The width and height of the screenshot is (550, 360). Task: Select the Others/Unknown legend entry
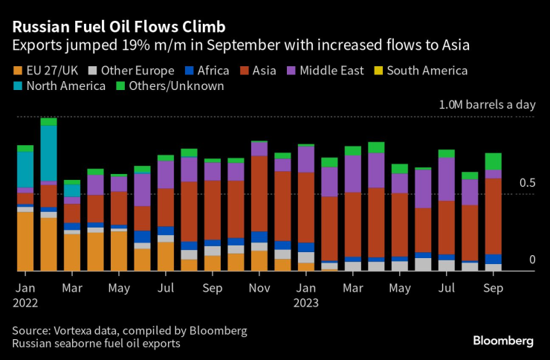point(171,86)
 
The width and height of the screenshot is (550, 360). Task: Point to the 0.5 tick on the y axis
point(527,183)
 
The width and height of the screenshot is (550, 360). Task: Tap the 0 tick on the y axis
point(532,260)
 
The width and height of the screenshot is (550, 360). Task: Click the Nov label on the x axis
point(259,286)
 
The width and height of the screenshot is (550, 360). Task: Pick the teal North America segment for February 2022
point(49,153)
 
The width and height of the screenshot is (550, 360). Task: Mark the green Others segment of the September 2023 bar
point(494,161)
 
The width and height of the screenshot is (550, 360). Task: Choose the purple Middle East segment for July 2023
point(446,179)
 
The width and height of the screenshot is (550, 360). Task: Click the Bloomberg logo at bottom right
point(503,341)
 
